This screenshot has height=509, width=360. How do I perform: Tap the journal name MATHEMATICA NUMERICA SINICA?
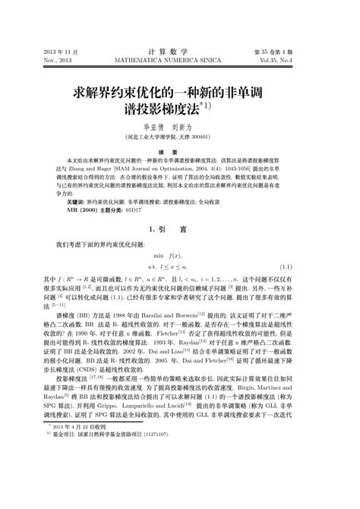pos(179,57)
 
